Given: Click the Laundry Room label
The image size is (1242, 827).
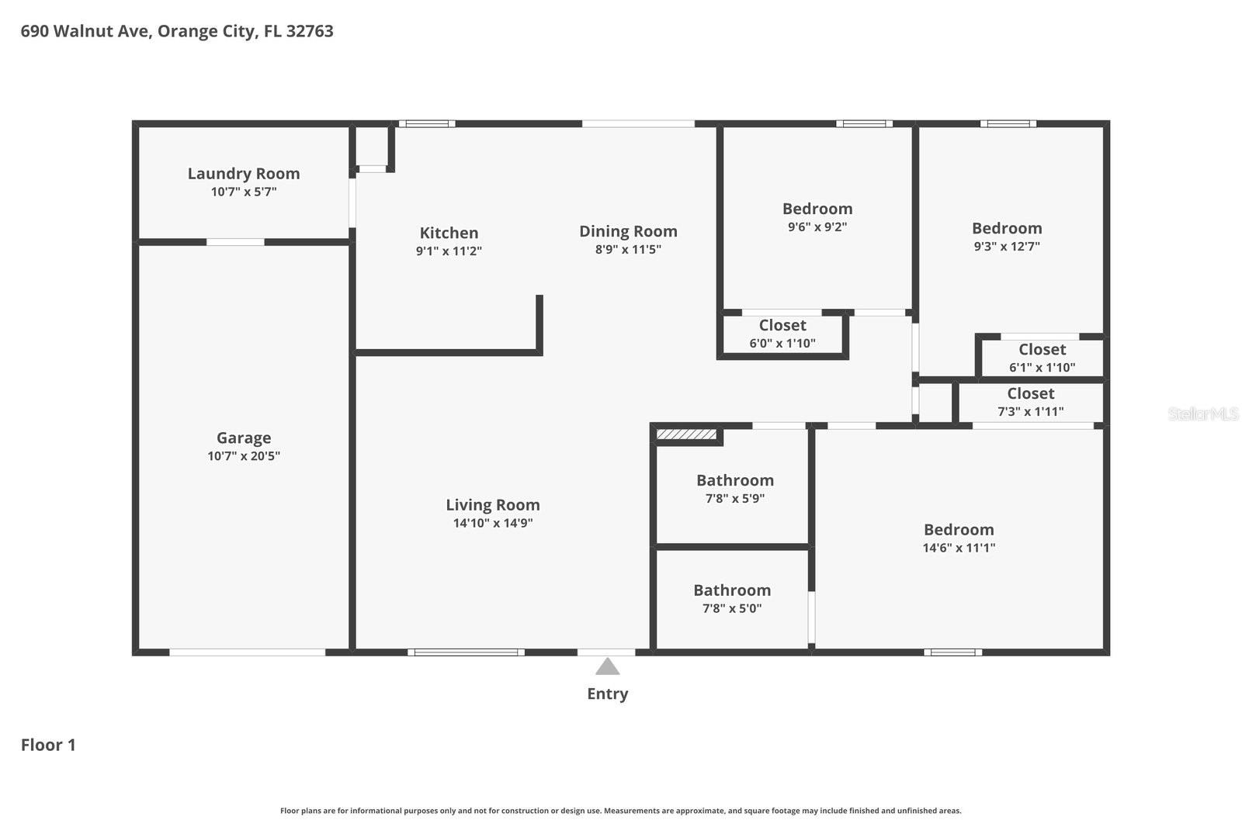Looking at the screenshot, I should click(243, 174).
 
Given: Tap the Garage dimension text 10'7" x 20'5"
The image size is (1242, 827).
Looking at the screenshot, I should click(243, 456).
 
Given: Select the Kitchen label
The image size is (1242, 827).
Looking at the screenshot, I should click(449, 233).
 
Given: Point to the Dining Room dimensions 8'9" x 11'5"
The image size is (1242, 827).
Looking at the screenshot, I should click(628, 250).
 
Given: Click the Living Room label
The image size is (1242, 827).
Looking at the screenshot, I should click(492, 505).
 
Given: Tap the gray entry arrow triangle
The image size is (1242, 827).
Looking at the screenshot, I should click(607, 667).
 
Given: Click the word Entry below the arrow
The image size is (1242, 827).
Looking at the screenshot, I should click(607, 694).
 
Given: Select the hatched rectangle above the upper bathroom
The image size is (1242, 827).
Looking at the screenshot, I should click(686, 434).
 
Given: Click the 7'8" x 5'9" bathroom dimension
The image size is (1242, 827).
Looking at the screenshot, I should click(734, 499).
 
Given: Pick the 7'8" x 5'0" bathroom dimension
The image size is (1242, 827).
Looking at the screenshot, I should click(731, 609).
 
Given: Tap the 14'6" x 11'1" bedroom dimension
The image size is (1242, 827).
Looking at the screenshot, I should click(959, 548).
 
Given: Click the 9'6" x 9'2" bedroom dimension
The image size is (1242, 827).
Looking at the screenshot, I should click(817, 227).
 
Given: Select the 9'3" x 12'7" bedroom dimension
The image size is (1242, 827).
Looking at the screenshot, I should click(1006, 247).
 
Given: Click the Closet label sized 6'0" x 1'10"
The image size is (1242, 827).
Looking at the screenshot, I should click(782, 326).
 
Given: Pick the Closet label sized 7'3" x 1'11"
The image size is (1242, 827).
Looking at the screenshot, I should click(1030, 394).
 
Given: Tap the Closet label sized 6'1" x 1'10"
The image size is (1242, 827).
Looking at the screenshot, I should click(1042, 350).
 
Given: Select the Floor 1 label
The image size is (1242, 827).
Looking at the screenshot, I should click(48, 745).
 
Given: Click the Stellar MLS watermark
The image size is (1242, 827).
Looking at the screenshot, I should click(1202, 414).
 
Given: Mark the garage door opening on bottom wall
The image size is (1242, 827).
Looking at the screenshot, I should click(247, 652).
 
